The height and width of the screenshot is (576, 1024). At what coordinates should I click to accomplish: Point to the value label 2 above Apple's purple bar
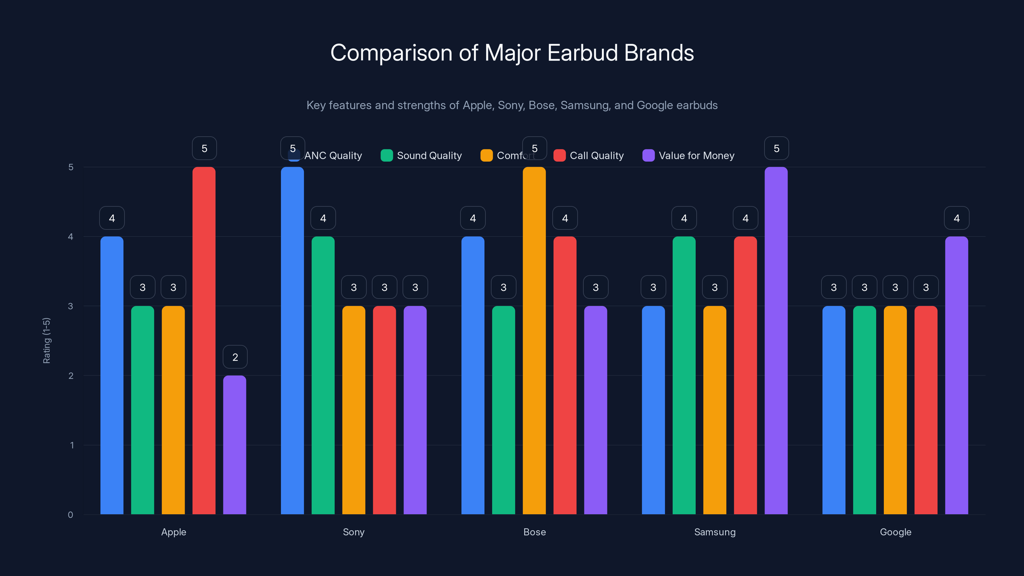tap(235, 357)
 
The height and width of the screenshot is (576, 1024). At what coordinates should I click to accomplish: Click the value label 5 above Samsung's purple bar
tap(776, 148)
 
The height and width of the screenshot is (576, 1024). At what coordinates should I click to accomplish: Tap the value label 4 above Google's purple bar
tap(956, 218)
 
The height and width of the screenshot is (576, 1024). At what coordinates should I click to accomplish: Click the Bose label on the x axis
tap(534, 532)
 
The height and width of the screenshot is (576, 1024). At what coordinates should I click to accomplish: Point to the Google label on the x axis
tap(895, 532)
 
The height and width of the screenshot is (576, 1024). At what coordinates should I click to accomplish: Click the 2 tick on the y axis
tap(71, 376)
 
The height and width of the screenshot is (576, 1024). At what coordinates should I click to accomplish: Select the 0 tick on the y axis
tap(70, 515)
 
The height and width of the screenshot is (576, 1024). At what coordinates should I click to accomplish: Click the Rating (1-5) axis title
tap(46, 340)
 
